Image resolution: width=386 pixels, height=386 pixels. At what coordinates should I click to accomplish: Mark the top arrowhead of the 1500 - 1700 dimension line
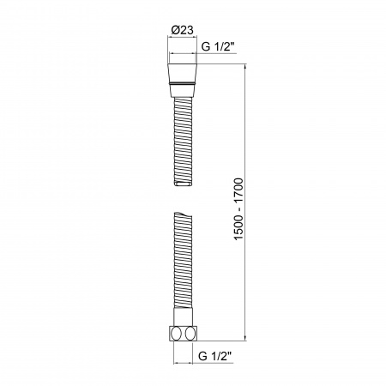coord(246,66)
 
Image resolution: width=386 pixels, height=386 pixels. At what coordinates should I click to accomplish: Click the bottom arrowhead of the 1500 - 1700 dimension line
coord(246,340)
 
